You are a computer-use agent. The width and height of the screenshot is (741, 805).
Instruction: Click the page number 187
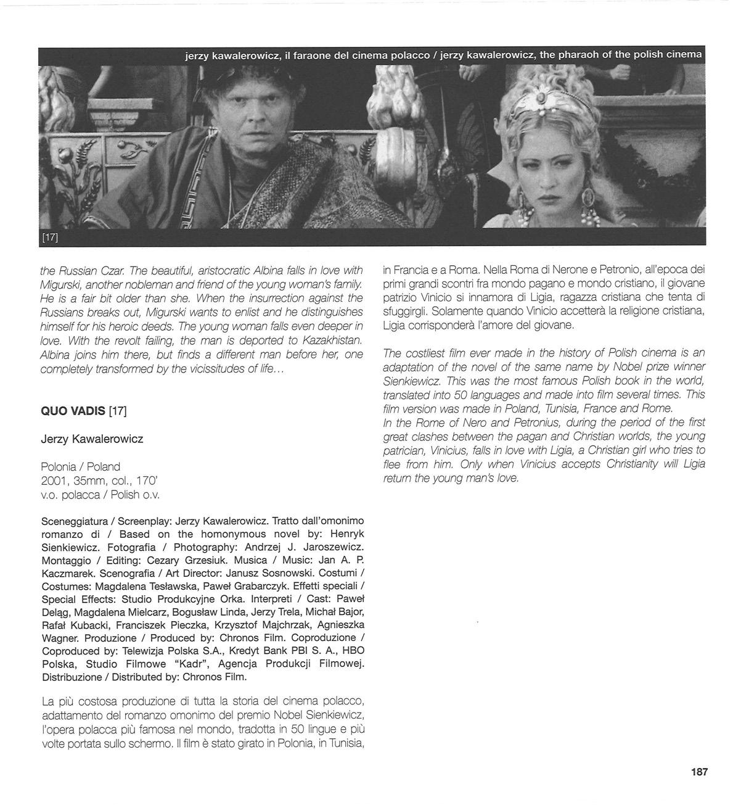point(698,772)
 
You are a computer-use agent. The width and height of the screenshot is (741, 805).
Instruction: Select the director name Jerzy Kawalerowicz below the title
point(92,439)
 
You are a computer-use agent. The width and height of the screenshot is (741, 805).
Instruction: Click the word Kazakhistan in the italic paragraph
point(326,341)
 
